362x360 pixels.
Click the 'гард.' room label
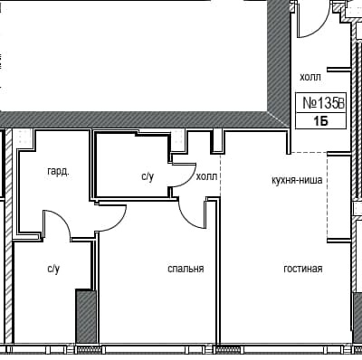tap(59, 170)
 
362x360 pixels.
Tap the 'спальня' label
tap(185, 269)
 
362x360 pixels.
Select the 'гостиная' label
tap(302, 269)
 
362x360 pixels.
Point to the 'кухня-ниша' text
tap(297, 180)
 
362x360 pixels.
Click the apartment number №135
tap(316, 104)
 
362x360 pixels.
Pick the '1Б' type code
tap(320, 121)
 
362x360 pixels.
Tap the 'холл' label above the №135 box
tap(310, 78)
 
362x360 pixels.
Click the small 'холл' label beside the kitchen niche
tap(206, 176)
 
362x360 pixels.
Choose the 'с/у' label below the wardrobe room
tap(53, 269)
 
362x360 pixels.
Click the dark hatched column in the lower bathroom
tap(85, 317)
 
